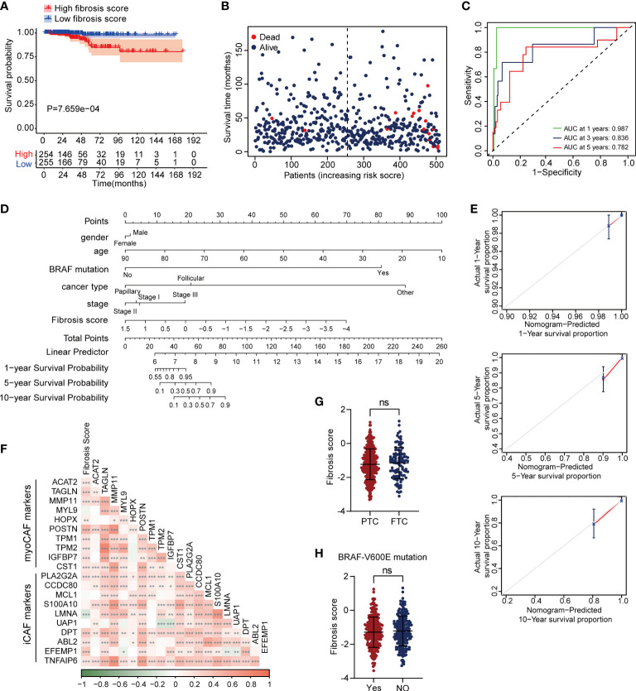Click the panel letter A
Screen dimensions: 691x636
coord(7,7)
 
